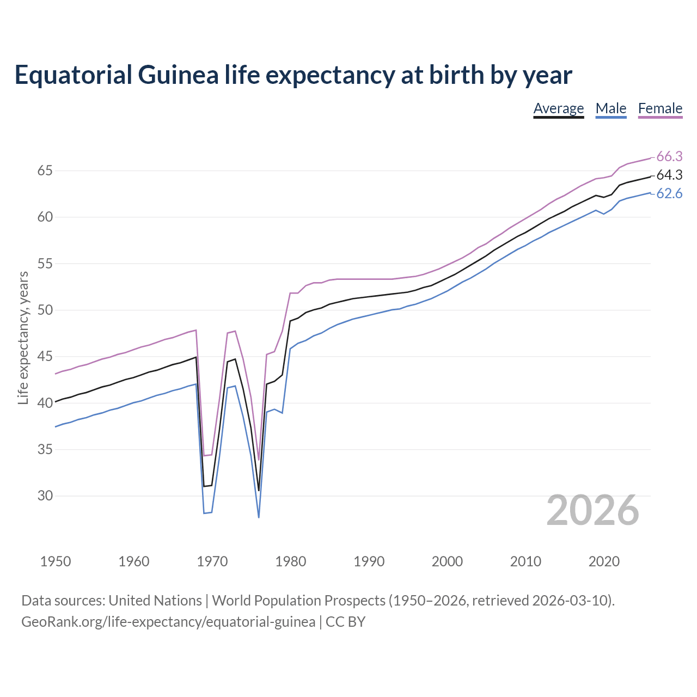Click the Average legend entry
(x=558, y=108)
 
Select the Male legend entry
(x=610, y=108)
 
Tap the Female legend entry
(x=660, y=108)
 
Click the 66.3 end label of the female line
(x=669, y=157)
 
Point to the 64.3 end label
(x=669, y=175)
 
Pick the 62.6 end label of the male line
(x=669, y=194)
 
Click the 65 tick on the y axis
(x=45, y=171)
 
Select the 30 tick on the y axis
(x=45, y=496)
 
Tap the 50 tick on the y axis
(x=45, y=310)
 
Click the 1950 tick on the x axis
(x=56, y=561)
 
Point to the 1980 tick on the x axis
(x=290, y=561)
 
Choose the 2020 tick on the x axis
(x=603, y=561)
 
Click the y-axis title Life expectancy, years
(x=23, y=338)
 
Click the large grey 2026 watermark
(x=592, y=510)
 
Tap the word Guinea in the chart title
(x=178, y=75)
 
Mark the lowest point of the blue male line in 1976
(x=259, y=517)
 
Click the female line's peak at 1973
(x=235, y=331)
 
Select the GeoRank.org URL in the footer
(x=168, y=622)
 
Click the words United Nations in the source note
(x=155, y=601)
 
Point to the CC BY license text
(x=345, y=622)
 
